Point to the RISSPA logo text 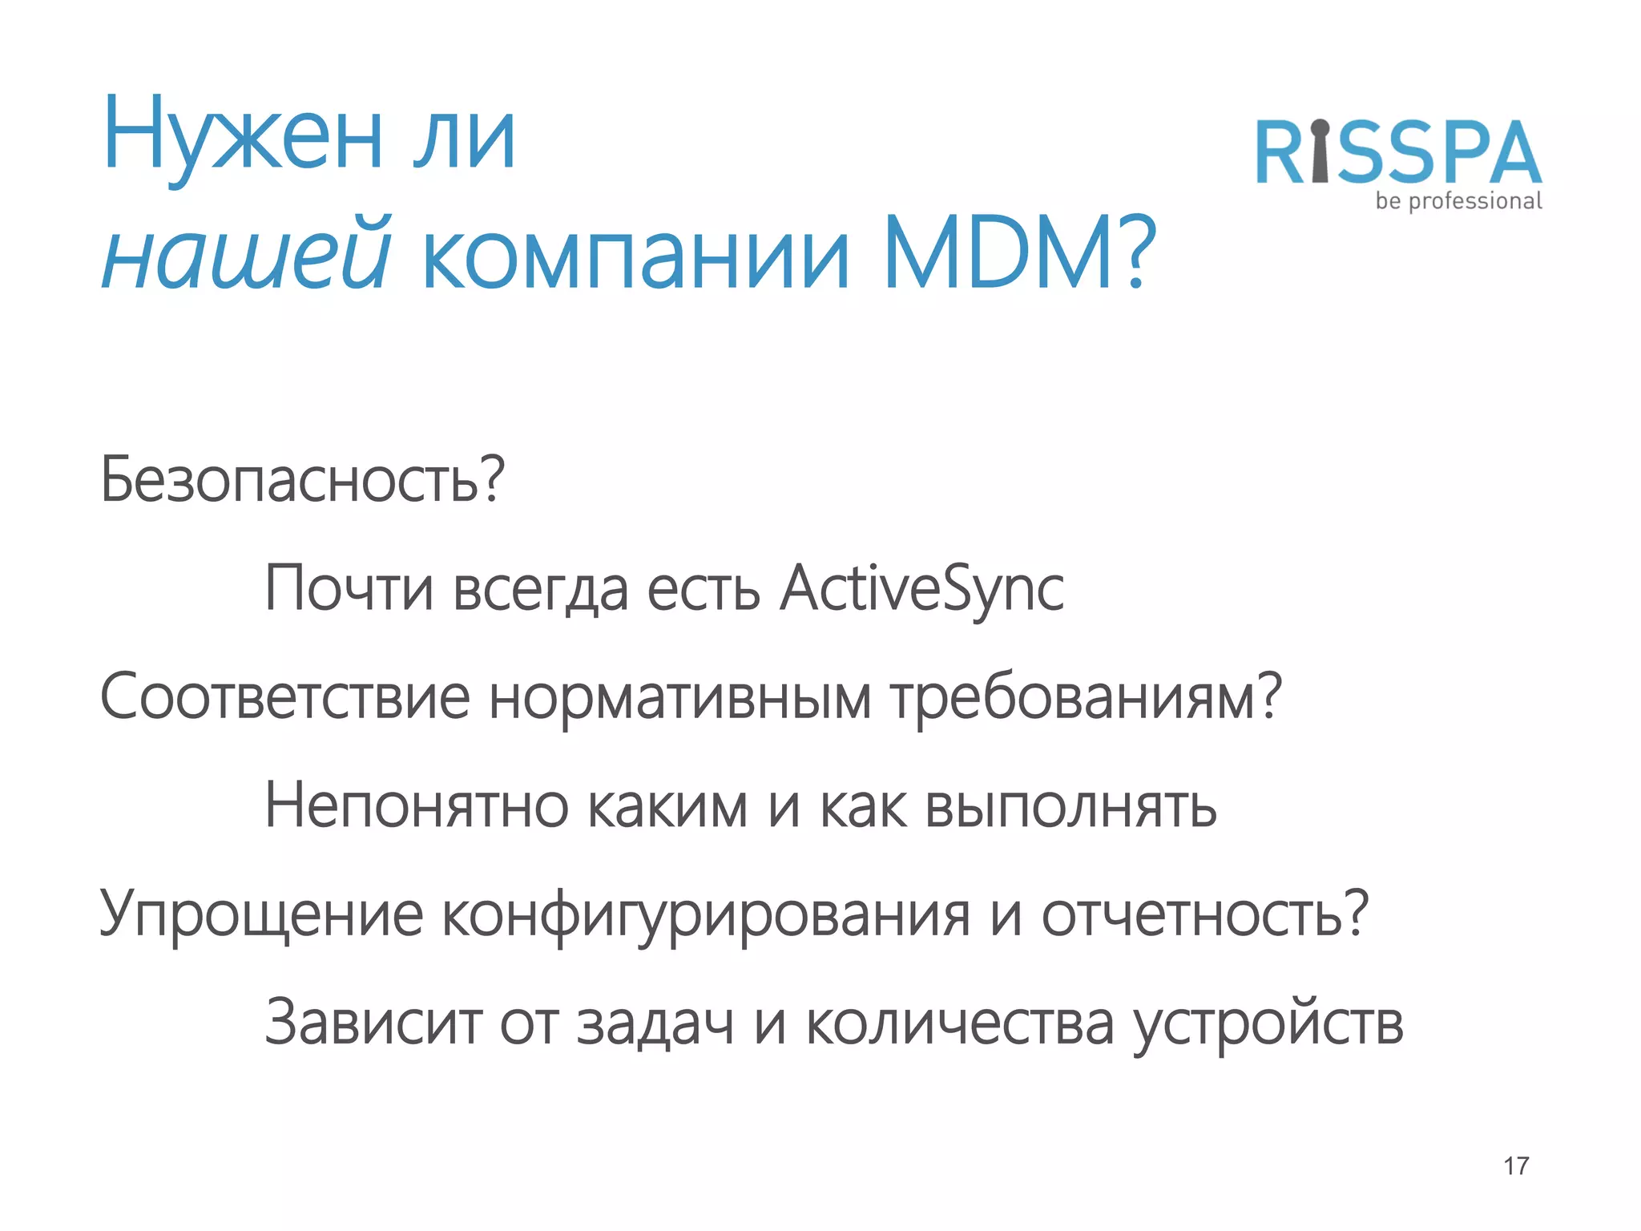(1398, 154)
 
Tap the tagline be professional (1458, 201)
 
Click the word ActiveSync (921, 590)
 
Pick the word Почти (349, 590)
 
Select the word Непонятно (417, 806)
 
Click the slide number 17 (1516, 1166)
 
